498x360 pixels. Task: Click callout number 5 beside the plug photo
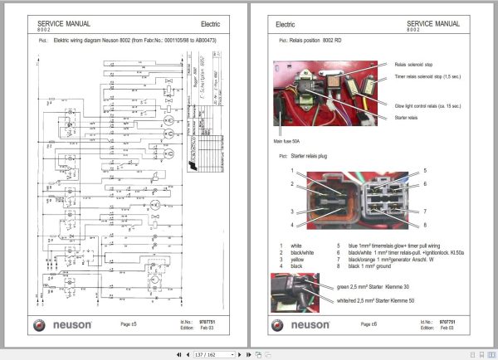pos(424,170)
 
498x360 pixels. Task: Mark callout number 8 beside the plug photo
pos(424,225)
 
